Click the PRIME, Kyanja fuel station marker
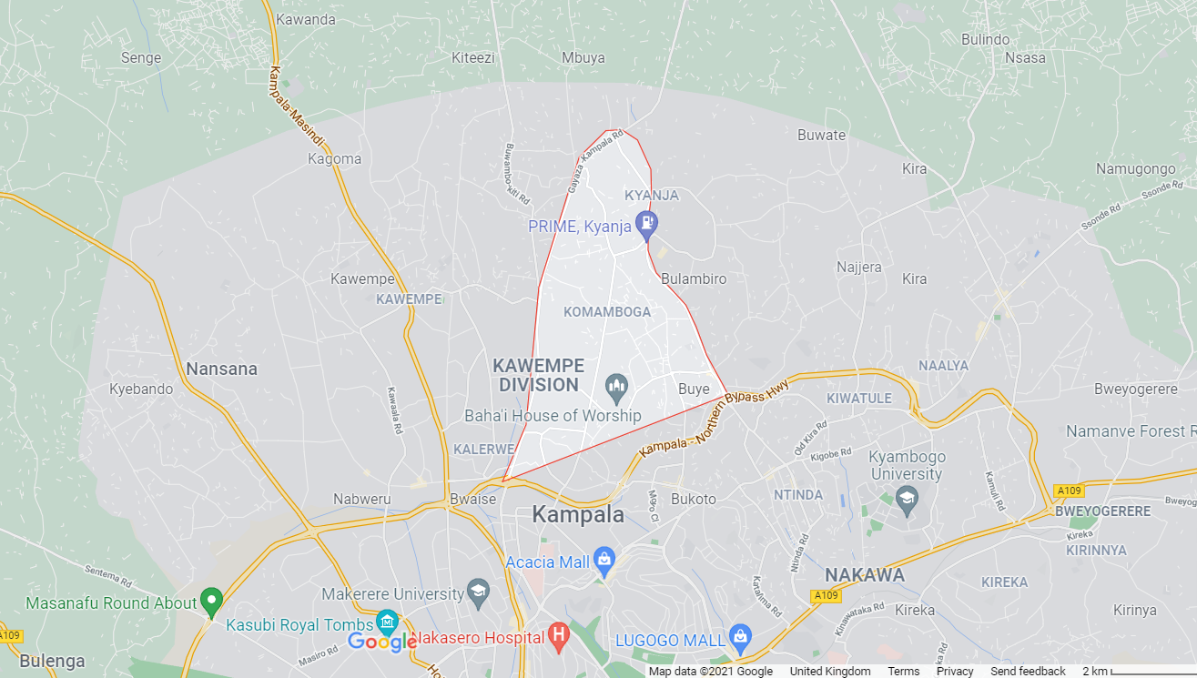point(646,222)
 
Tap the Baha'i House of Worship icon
point(617,388)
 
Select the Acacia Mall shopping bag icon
point(604,558)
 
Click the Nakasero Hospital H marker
point(559,633)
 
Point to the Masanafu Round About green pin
point(211,600)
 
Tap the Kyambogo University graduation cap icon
point(907,497)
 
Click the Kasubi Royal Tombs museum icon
point(387,621)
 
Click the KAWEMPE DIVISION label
point(537,375)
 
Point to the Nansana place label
point(221,369)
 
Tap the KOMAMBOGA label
point(607,312)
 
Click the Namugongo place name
point(1135,169)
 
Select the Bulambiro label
point(694,279)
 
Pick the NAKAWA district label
point(864,575)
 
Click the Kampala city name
point(578,514)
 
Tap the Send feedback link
point(1028,671)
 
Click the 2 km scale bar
point(1138,671)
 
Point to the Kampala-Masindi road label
point(297,107)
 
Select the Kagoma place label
point(334,159)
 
